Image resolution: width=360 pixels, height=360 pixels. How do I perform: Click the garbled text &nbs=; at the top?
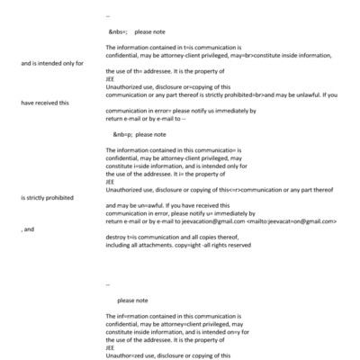[118, 31]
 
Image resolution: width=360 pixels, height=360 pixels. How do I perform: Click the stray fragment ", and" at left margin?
[27, 229]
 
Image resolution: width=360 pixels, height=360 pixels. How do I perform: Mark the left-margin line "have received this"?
[45, 103]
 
